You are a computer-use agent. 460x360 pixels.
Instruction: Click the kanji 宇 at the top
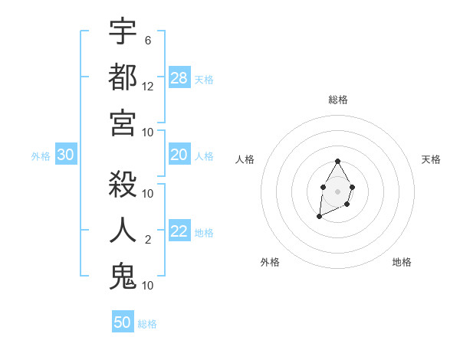click(123, 32)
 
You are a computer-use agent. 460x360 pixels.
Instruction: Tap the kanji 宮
click(123, 123)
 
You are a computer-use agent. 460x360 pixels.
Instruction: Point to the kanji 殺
click(123, 185)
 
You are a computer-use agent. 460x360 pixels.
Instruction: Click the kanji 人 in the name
click(123, 230)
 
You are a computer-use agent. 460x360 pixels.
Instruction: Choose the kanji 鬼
click(123, 276)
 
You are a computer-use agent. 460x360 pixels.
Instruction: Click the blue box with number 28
click(179, 77)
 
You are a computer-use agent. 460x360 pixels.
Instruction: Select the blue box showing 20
click(179, 155)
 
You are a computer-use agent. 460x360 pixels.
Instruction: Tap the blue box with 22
click(179, 231)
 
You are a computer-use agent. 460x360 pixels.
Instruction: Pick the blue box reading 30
click(66, 155)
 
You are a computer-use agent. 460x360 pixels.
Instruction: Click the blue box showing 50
click(123, 322)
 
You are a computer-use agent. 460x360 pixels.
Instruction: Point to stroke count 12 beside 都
click(148, 87)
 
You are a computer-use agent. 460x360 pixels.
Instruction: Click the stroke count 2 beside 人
click(148, 240)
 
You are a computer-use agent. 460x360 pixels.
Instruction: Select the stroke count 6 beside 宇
click(148, 41)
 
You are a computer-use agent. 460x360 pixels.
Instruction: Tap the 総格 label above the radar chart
click(337, 100)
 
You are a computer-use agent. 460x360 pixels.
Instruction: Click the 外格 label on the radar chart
click(270, 262)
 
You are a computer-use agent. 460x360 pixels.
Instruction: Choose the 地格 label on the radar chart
click(402, 262)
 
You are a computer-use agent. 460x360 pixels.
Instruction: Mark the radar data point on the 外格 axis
click(320, 217)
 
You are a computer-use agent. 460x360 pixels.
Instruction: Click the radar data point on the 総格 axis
click(337, 161)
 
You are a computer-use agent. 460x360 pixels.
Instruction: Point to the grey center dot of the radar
click(337, 191)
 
